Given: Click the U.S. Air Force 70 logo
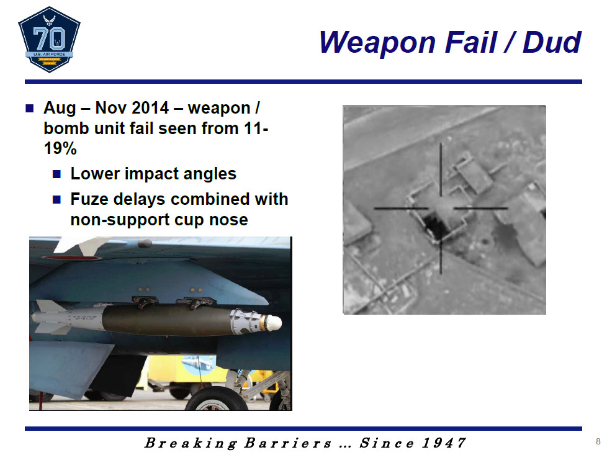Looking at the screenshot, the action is coord(49,40).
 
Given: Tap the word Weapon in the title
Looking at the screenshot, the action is coord(377,43).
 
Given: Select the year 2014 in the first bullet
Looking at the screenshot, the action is coord(150,108).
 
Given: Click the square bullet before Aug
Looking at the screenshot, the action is coord(30,108).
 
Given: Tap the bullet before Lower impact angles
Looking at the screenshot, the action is coord(57,174).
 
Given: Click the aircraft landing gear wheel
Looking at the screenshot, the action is coord(217,399).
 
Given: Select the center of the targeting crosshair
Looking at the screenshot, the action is coord(441,209).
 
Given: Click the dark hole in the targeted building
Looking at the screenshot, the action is coord(434,226).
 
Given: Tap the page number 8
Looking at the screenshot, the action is coord(598,441).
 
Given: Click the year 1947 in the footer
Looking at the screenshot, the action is coord(444,443).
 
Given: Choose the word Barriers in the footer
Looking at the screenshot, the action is coord(288,443).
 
